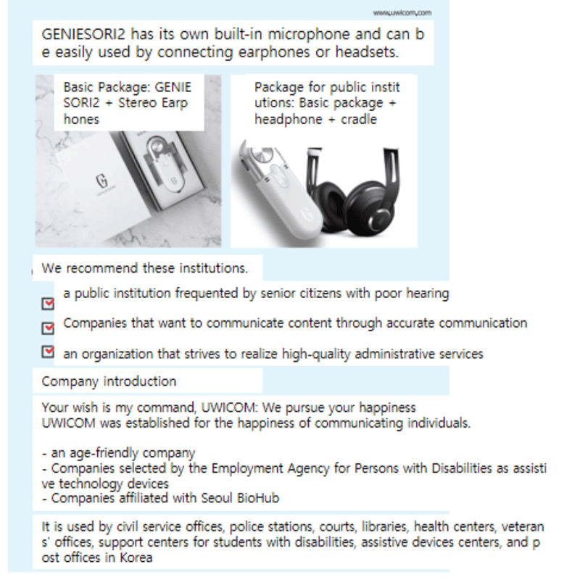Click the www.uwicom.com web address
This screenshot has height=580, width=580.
coord(402,12)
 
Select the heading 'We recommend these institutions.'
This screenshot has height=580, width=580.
coord(145,268)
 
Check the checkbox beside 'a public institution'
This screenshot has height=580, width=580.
coord(49,303)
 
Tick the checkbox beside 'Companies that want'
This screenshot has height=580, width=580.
coord(49,328)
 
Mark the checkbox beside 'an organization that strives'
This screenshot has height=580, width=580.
coord(49,352)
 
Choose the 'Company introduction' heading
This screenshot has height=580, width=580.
coord(109,381)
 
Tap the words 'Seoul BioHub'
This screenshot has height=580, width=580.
coord(244,498)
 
